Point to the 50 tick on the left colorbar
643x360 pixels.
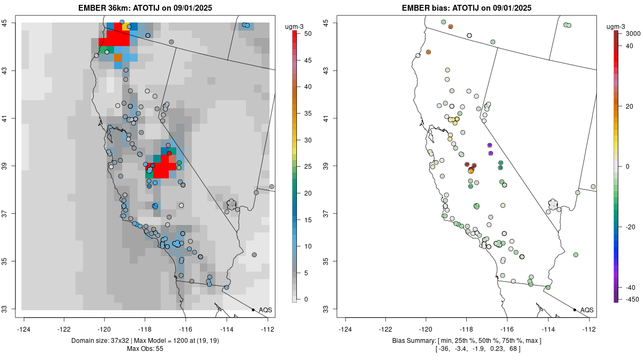(x=307, y=34)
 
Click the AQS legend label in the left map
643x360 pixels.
(x=265, y=310)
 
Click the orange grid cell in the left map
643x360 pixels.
(x=118, y=57)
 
